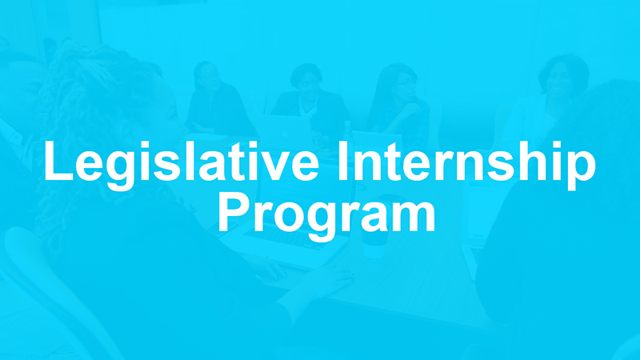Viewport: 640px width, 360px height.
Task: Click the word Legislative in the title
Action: (x=179, y=165)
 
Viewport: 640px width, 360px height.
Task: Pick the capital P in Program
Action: (x=234, y=211)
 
